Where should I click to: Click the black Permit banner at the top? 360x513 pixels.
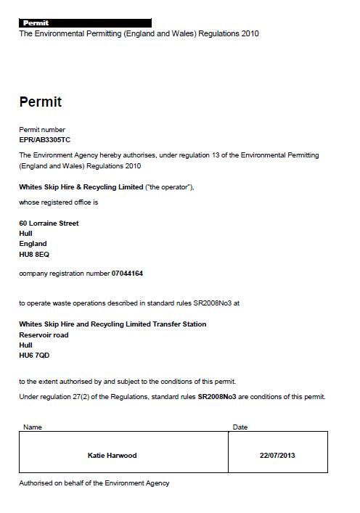pyautogui.click(x=85, y=23)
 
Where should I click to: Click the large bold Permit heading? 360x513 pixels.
pyautogui.click(x=40, y=102)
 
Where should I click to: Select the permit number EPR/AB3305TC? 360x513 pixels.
pyautogui.click(x=45, y=139)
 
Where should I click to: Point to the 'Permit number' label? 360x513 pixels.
pyautogui.click(x=42, y=130)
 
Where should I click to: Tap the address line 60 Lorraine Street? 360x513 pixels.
pyautogui.click(x=49, y=223)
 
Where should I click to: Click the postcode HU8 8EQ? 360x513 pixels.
pyautogui.click(x=34, y=254)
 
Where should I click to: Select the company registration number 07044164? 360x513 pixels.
pyautogui.click(x=127, y=274)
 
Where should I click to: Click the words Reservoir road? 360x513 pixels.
pyautogui.click(x=44, y=335)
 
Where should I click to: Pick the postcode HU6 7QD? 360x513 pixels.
pyautogui.click(x=34, y=356)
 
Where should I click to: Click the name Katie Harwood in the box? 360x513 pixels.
pyautogui.click(x=112, y=456)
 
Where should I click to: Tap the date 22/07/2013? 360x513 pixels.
pyautogui.click(x=277, y=456)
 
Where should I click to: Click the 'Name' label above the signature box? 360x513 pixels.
pyautogui.click(x=33, y=427)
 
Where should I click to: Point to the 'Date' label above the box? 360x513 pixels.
pyautogui.click(x=240, y=427)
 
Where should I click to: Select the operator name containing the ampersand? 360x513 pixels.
pyautogui.click(x=81, y=187)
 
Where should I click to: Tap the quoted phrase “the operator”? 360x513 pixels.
pyautogui.click(x=168, y=187)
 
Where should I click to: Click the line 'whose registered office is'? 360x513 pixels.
pyautogui.click(x=58, y=202)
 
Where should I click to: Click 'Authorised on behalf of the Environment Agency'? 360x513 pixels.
pyautogui.click(x=94, y=483)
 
